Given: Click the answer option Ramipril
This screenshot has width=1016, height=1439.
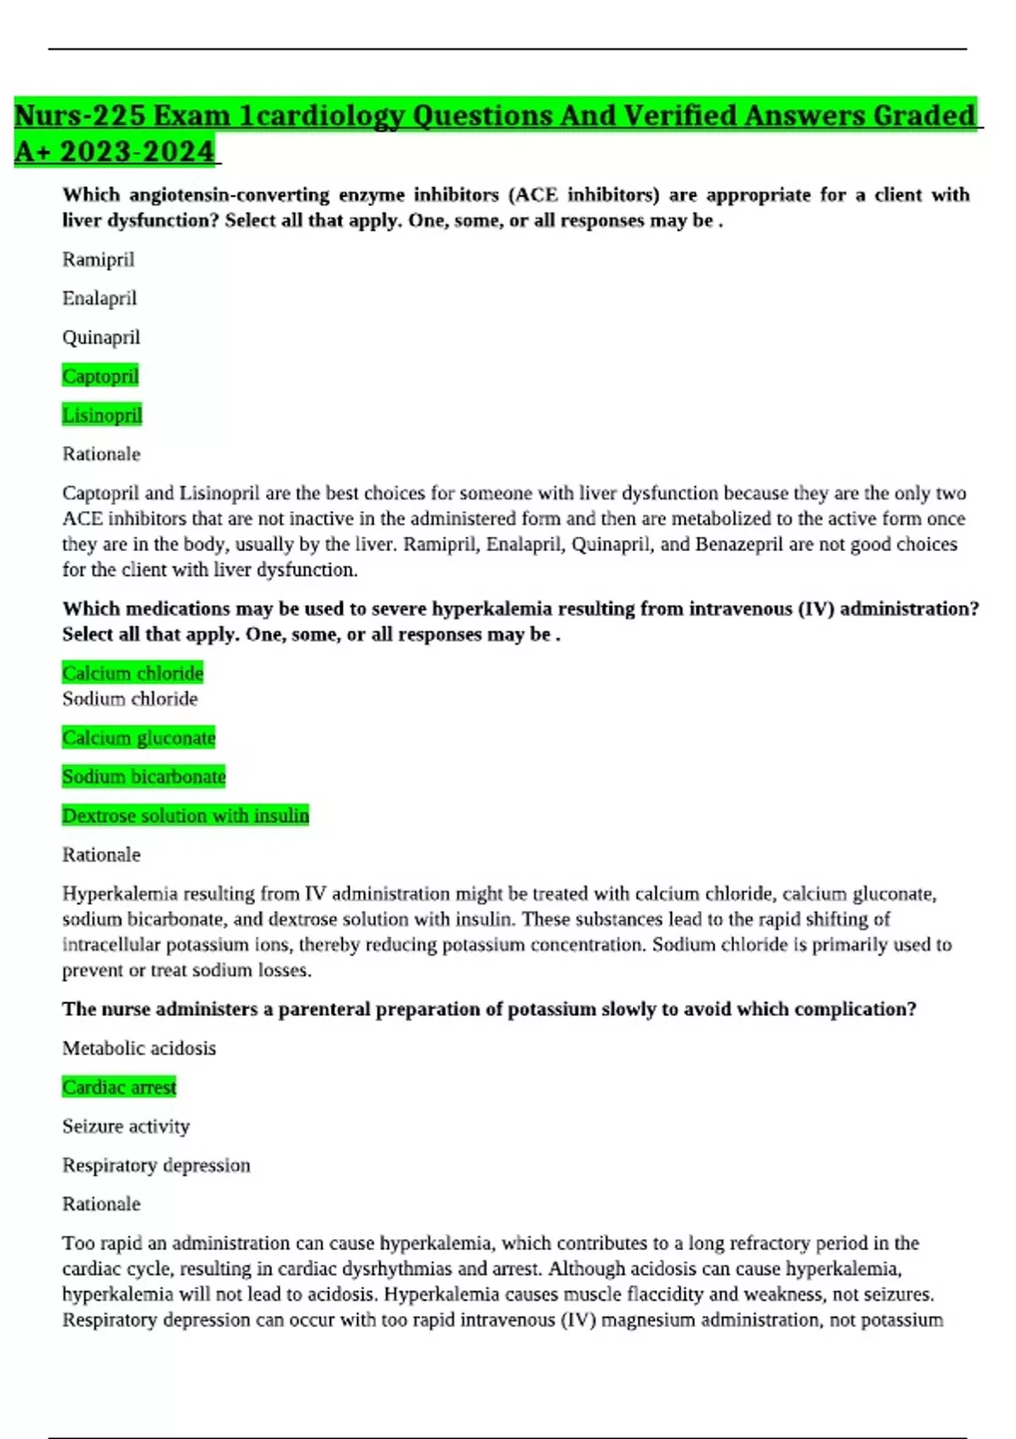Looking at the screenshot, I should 98,260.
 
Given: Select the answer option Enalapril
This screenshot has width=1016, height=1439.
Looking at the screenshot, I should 99,299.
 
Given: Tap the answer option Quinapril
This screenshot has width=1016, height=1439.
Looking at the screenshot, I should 101,338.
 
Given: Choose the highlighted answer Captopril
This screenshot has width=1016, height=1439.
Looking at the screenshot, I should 100,376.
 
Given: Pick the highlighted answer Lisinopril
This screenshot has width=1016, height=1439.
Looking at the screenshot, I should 102,415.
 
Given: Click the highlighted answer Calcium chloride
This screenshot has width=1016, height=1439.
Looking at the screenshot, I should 133,673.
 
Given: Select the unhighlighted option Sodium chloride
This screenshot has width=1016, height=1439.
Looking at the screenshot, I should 130,699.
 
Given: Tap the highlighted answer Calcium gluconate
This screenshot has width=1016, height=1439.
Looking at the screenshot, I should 139,738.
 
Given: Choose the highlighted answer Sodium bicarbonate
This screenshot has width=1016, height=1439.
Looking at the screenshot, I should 144,777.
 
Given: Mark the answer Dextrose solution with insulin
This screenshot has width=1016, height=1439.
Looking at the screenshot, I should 185,816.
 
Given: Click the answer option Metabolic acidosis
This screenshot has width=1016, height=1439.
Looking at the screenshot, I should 139,1049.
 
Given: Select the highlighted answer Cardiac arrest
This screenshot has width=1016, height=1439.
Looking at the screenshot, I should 119,1088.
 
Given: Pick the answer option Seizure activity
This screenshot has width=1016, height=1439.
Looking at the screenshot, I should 125,1127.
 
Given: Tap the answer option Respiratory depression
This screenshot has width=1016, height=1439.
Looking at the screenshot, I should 156,1166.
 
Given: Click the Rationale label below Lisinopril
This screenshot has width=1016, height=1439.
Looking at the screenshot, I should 101,455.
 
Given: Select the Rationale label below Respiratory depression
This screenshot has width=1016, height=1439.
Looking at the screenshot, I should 101,1205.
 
